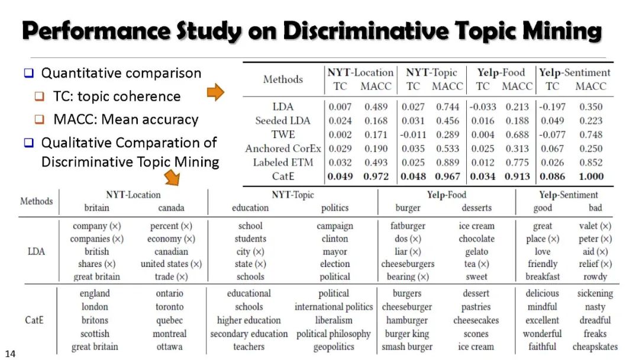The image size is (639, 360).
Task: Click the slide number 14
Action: tap(10, 354)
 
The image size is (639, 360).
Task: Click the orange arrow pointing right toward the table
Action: tap(217, 92)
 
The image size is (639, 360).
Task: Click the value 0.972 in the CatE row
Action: tap(376, 176)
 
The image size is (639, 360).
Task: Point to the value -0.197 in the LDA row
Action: tap(552, 107)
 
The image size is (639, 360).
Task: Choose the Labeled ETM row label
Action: tap(283, 162)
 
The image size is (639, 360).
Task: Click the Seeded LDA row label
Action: tap(283, 121)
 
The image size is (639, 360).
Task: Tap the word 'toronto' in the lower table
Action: tap(169, 307)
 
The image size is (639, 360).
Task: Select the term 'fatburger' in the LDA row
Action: tap(408, 226)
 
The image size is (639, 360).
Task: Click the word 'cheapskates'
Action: tap(595, 347)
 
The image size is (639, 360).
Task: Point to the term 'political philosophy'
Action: tap(334, 334)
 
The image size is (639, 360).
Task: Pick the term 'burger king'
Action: tap(407, 334)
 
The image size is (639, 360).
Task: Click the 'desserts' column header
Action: tap(476, 208)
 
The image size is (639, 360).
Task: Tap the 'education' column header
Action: tap(250, 208)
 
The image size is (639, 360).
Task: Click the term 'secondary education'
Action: tap(249, 334)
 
